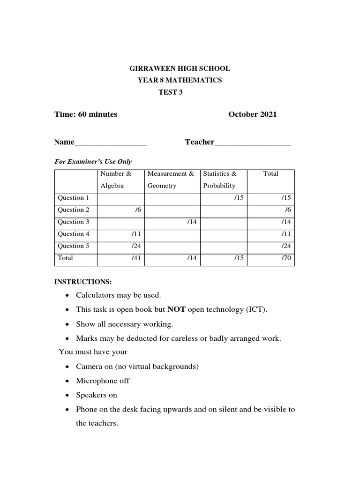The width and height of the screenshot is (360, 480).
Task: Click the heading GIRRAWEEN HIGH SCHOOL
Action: pyautogui.click(x=180, y=68)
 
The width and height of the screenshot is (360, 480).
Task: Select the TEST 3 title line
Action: pyautogui.click(x=171, y=92)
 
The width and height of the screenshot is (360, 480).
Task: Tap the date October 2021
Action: pyautogui.click(x=252, y=114)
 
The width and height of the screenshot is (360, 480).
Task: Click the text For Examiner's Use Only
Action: pyautogui.click(x=93, y=161)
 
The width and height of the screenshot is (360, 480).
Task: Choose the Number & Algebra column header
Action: pyautogui.click(x=112, y=180)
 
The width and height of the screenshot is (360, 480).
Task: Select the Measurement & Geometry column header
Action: pyautogui.click(x=171, y=180)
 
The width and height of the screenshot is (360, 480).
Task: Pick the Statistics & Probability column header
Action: pyautogui.click(x=220, y=180)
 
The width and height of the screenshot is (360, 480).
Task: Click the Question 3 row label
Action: pyautogui.click(x=74, y=222)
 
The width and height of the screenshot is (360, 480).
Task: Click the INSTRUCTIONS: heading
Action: pyautogui.click(x=83, y=282)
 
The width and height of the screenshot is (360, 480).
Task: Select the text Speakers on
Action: pyautogui.click(x=97, y=395)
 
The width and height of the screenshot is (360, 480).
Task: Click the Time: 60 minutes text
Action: pyautogui.click(x=86, y=114)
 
